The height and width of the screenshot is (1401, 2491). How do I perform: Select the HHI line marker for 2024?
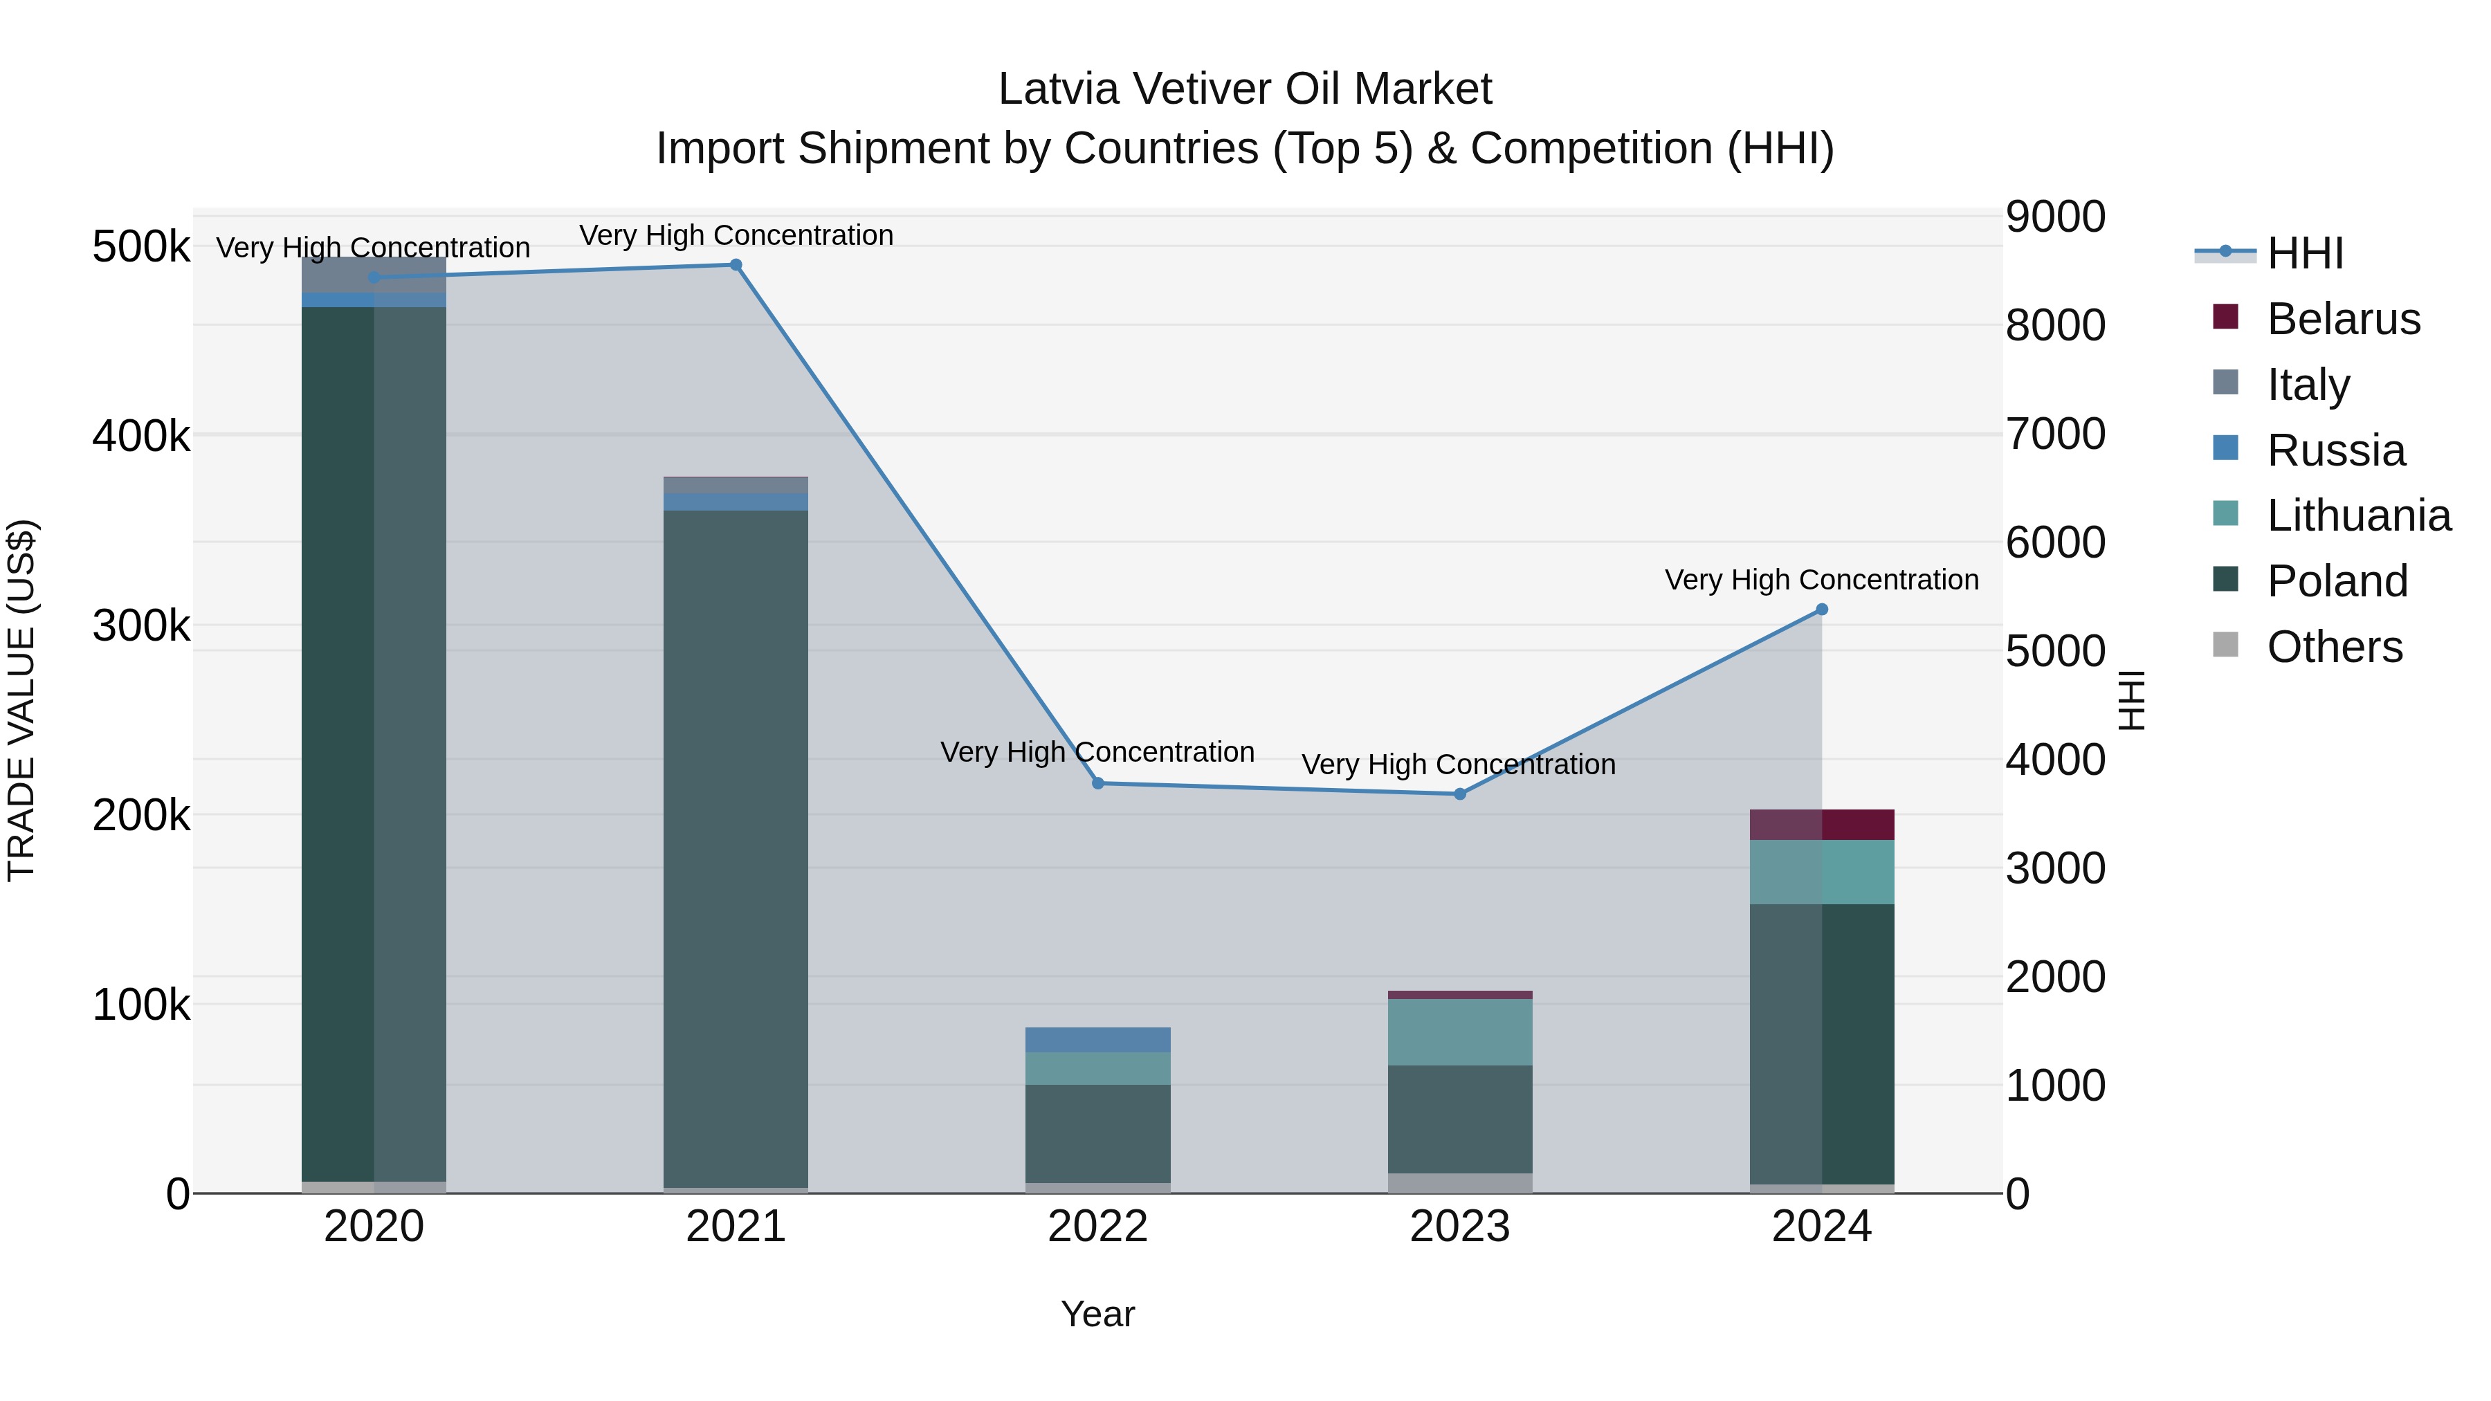[1822, 609]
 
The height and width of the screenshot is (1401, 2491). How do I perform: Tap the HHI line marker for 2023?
[1460, 794]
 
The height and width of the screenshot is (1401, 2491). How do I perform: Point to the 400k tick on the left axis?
[141, 436]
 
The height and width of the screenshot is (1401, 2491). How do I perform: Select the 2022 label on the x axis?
[1097, 1227]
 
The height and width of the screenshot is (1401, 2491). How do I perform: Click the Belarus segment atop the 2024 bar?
[1822, 825]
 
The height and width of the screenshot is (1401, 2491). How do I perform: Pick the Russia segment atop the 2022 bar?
[1097, 1039]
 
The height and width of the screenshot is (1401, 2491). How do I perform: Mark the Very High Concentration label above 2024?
[1821, 580]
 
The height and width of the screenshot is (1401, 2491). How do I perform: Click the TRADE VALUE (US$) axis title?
[21, 700]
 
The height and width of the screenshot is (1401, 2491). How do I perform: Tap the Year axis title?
[1097, 1314]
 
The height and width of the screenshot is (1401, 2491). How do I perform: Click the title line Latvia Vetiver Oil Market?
[1245, 89]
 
